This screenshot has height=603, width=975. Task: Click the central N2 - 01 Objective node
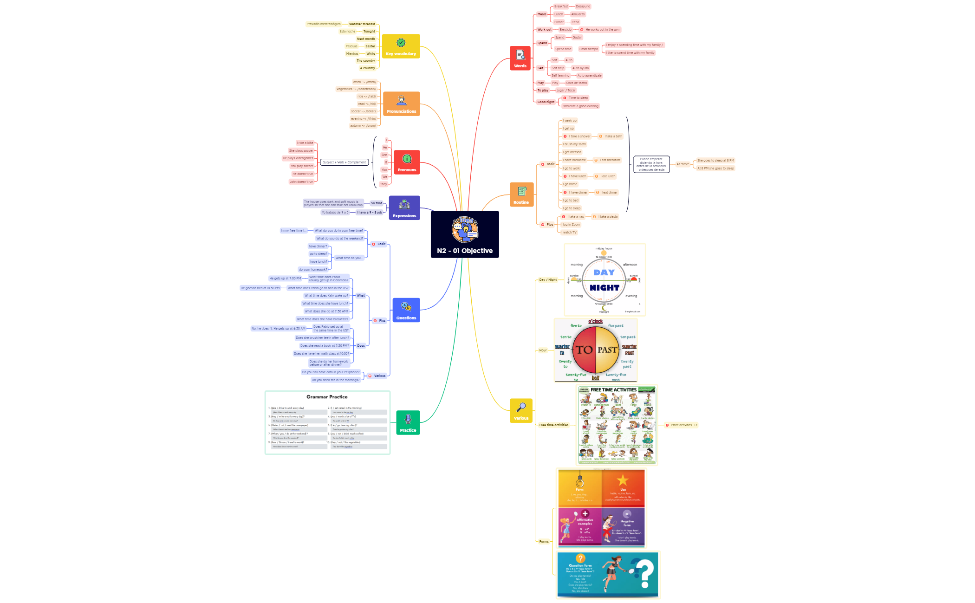(465, 234)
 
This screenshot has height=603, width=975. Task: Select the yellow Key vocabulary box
(401, 46)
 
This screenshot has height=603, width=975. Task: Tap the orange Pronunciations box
(401, 104)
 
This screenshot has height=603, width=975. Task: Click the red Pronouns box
(407, 162)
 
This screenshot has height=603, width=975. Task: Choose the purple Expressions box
(404, 207)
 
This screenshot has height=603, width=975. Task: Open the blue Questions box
(406, 310)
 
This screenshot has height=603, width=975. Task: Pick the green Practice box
(408, 422)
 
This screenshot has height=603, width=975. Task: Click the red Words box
(520, 58)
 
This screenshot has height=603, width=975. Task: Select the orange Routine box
(521, 195)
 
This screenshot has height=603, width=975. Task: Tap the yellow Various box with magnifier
(521, 410)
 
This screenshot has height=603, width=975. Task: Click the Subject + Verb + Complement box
(344, 162)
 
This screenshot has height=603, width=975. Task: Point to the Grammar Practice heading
(327, 397)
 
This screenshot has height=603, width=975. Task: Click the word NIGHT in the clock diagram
(604, 288)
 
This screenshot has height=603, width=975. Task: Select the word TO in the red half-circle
(585, 350)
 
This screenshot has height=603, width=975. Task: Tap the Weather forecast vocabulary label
(362, 24)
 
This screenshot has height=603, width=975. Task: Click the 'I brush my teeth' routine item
(574, 144)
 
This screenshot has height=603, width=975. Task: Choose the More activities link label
(681, 425)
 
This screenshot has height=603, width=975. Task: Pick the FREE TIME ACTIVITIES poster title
(613, 390)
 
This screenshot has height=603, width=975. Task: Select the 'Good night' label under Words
(546, 102)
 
